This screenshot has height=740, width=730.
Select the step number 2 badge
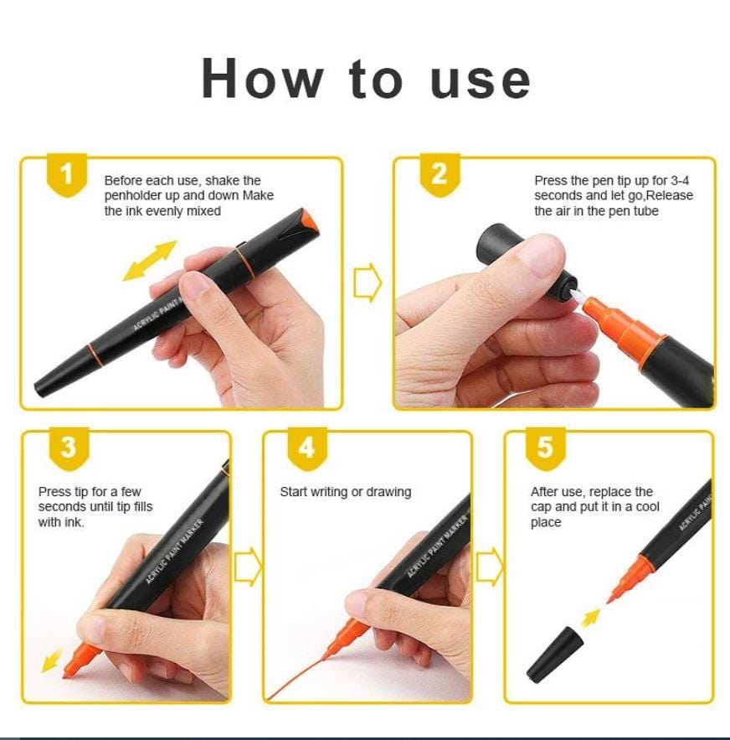point(439,175)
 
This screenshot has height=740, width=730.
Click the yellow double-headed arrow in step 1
point(150,260)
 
